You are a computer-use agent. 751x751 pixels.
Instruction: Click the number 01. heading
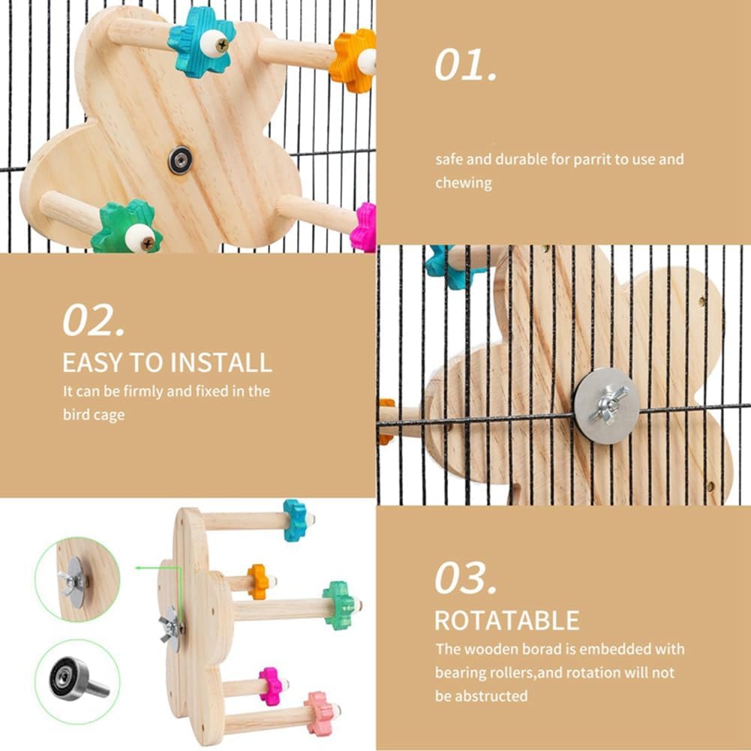pos(466,65)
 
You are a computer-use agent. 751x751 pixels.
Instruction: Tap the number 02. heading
pos(93,320)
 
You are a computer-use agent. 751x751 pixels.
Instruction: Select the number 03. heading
pos(466,578)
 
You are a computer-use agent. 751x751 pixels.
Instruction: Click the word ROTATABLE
pos(506,620)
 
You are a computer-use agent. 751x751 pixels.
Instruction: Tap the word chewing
pos(463,184)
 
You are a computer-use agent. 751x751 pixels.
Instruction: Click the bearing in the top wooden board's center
pos(180,160)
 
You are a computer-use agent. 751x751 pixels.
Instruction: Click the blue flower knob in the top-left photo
pos(202,42)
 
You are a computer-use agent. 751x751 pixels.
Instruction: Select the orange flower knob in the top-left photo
pos(353,60)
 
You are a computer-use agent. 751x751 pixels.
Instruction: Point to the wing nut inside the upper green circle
pos(71,581)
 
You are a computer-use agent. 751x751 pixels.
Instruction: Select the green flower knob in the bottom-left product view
pos(340,605)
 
